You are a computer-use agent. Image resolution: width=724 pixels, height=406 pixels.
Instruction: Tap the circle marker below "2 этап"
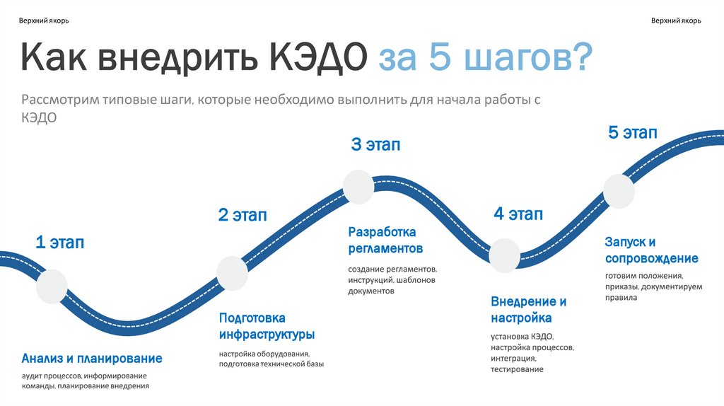tap(233, 273)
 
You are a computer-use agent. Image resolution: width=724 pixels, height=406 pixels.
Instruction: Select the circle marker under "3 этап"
tap(358, 187)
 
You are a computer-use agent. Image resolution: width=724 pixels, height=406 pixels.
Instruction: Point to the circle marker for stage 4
tap(505, 255)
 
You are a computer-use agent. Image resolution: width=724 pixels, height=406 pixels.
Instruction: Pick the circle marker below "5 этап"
tap(619, 191)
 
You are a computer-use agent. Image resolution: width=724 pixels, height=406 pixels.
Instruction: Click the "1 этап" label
tap(60, 243)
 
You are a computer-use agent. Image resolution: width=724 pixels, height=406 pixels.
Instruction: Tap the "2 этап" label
tap(243, 215)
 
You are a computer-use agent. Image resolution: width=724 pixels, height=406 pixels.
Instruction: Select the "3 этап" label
tap(375, 145)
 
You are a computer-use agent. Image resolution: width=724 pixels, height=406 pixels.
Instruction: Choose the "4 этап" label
tap(518, 214)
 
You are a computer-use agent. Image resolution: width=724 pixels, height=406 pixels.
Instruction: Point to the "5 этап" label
tap(633, 132)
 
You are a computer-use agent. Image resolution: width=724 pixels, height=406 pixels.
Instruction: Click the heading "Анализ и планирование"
tap(92, 358)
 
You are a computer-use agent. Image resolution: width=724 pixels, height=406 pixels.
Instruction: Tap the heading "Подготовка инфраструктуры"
tap(267, 326)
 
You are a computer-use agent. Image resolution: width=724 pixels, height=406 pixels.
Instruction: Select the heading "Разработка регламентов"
tap(385, 240)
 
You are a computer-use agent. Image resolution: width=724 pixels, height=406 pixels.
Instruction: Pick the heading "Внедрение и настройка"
tap(528, 309)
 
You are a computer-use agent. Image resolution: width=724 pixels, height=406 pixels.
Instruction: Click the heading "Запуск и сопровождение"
tap(651, 250)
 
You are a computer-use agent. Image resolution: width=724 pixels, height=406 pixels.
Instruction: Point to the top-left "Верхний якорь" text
tap(44, 21)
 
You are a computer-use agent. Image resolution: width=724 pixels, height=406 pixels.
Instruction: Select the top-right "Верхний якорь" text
tap(676, 21)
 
